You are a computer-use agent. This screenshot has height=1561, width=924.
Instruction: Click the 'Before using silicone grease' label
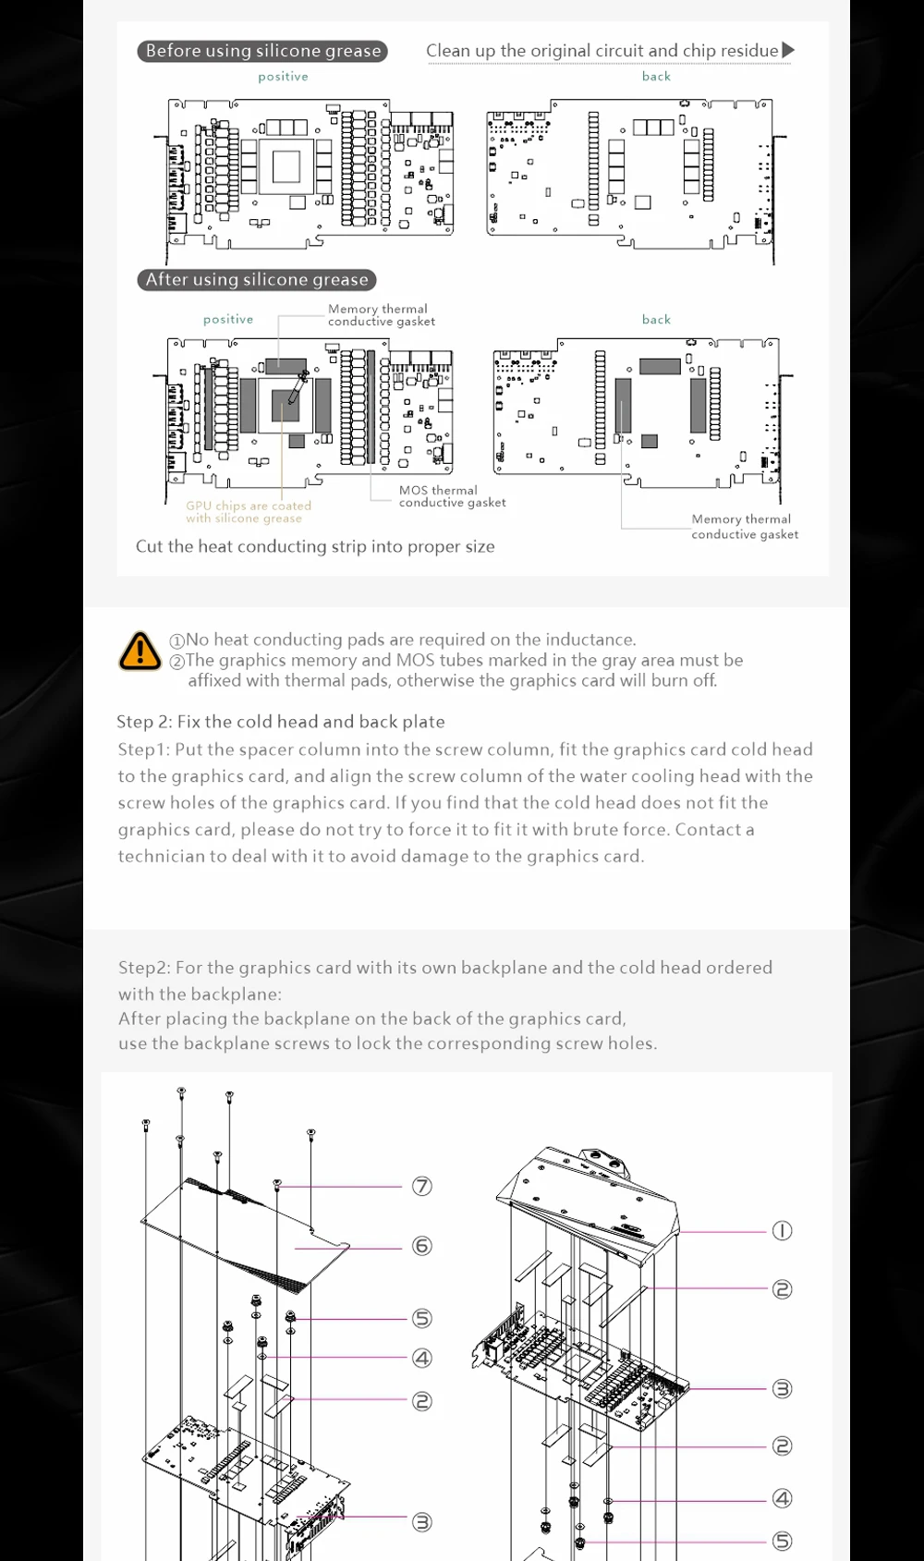[262, 51]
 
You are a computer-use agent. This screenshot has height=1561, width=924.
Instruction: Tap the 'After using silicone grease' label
[257, 279]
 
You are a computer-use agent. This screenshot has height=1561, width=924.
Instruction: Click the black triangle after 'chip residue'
[787, 50]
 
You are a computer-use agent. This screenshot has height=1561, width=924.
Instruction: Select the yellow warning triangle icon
[140, 652]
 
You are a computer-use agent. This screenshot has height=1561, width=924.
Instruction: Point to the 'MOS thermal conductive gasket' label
[452, 496]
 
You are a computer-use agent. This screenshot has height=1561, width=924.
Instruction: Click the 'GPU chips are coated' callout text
[249, 506]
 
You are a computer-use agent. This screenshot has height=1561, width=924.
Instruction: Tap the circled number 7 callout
[421, 1186]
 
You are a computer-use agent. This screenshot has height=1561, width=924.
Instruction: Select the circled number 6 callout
[421, 1246]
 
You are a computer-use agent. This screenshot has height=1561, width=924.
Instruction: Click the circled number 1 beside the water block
[782, 1230]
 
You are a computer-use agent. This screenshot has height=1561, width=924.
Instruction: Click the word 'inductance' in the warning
[590, 640]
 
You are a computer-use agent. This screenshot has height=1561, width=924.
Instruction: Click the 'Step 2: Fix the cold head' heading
[280, 722]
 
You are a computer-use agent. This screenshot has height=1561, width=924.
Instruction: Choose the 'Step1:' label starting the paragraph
[143, 750]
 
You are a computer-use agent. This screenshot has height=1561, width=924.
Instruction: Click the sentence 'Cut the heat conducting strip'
[314, 546]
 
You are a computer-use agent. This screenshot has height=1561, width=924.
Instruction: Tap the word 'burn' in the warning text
[672, 680]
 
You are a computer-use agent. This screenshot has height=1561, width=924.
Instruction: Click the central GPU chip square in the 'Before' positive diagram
[286, 166]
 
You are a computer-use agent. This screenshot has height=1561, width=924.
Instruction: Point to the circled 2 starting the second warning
[177, 661]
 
